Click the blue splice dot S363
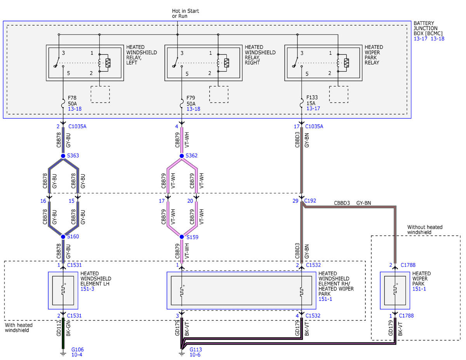[63, 156]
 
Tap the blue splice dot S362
[182, 156]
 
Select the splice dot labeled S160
[63, 237]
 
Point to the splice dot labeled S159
[182, 237]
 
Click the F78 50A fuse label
[72, 101]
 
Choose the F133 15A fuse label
[312, 100]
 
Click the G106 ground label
[77, 350]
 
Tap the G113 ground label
[196, 350]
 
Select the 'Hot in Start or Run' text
[185, 14]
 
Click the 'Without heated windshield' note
[425, 230]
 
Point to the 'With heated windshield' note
[19, 328]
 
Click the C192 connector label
[310, 201]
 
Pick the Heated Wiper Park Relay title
[374, 55]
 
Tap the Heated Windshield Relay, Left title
[141, 55]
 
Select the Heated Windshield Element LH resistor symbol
[63, 290]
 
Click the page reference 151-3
[87, 289]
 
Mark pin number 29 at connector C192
[295, 201]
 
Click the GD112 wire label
[59, 328]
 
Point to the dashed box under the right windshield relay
[219, 94]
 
